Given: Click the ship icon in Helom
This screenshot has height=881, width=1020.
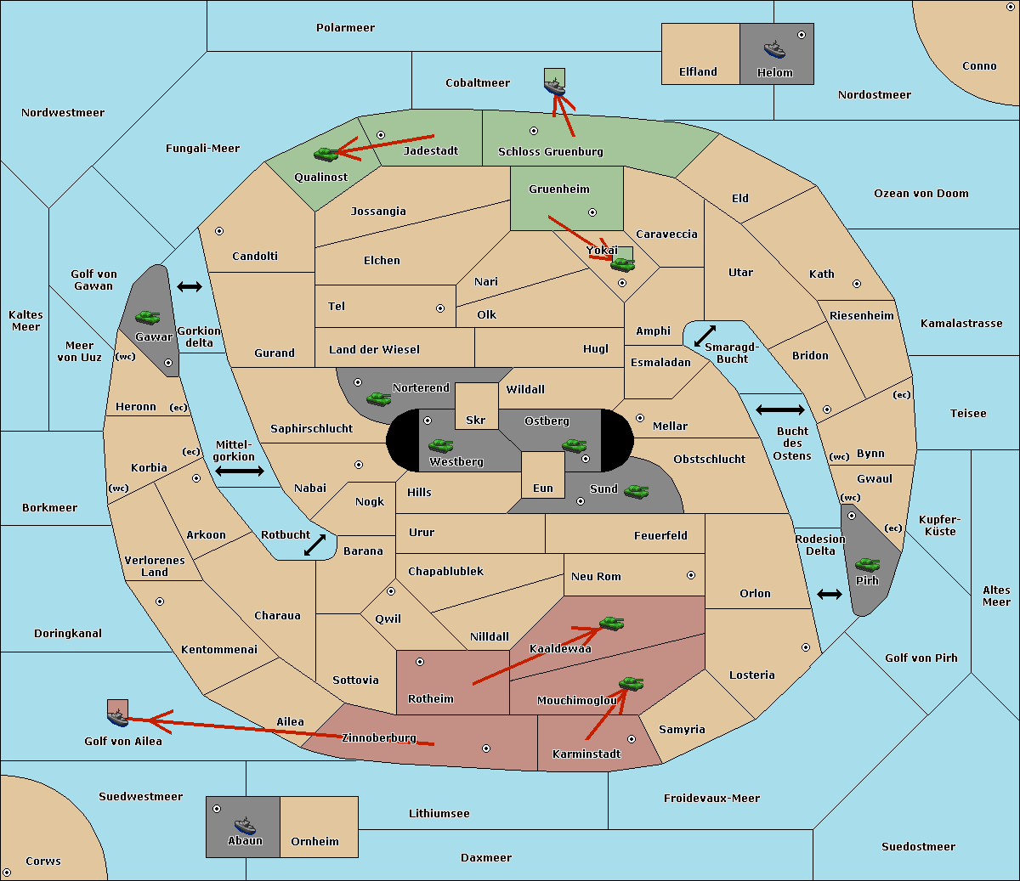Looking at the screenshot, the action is coord(774,49).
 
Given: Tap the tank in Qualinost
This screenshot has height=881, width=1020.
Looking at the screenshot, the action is coord(326,154).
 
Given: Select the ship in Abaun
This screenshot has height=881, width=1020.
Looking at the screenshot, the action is coord(245,825).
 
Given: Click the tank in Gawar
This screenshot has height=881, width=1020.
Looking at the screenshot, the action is coord(148,317).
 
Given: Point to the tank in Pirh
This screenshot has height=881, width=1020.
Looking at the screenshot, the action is coord(867,564).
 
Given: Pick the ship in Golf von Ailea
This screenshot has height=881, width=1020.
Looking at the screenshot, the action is coord(118,717).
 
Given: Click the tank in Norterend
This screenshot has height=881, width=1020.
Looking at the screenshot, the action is coord(378,398).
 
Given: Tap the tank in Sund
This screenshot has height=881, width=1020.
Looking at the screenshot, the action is coord(636,491).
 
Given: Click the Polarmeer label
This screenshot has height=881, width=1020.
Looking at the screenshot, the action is coord(345,28).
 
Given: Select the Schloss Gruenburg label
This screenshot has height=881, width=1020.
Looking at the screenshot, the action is coord(551,151).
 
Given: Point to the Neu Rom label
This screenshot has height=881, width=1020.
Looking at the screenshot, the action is coord(596,576).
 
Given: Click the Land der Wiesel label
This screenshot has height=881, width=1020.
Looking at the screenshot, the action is coord(374,349).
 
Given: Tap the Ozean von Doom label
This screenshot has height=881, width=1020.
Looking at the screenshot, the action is coord(921,194).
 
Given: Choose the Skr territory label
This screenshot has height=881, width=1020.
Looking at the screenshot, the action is coord(476,420).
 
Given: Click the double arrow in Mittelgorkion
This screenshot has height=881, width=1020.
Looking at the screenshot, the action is coord(240,471).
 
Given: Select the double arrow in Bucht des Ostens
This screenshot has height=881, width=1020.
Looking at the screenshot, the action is coord(780,409).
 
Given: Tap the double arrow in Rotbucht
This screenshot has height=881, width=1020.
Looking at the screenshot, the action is coord(314,545).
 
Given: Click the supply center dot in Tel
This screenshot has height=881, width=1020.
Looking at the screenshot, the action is coord(440,308).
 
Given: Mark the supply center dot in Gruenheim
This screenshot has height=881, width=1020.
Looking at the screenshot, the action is coord(592,212).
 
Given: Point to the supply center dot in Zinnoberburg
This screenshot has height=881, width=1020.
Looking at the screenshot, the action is coord(486,748).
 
